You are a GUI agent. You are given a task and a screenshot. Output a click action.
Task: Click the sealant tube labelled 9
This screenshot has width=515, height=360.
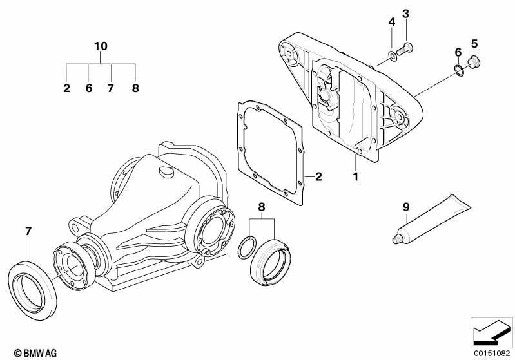coord(432,218)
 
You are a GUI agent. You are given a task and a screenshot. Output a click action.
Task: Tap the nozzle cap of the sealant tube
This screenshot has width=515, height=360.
coord(396,239)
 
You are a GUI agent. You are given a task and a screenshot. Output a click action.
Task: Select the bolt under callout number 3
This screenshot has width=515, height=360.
coord(405,48)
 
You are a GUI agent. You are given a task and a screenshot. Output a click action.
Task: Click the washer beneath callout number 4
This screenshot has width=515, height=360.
coord(393,56)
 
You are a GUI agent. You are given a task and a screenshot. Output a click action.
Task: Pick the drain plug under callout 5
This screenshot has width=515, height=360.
coord(473,62)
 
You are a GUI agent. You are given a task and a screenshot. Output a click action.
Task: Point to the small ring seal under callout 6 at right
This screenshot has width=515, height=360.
coord(459,71)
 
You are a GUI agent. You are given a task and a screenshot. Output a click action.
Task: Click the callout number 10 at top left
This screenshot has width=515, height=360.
coord(101,46)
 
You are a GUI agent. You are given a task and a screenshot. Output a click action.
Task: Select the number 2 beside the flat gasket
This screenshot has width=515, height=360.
coord(318,177)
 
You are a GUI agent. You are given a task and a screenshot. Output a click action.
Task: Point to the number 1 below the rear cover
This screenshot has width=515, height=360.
coord(355,177)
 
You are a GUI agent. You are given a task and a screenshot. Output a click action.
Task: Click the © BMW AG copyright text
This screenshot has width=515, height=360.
coord(35,353)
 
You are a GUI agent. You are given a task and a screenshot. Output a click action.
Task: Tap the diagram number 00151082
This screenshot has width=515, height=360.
coord(491,353)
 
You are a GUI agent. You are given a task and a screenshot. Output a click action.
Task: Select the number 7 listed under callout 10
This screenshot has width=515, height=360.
coord(110,88)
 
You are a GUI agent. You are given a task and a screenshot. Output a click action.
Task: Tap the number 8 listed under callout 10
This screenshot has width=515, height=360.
coord(135,88)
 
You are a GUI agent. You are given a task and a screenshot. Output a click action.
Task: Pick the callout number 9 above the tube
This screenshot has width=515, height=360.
coord(406,207)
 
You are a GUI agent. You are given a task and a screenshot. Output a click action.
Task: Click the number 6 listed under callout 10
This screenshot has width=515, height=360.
coord(89,88)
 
